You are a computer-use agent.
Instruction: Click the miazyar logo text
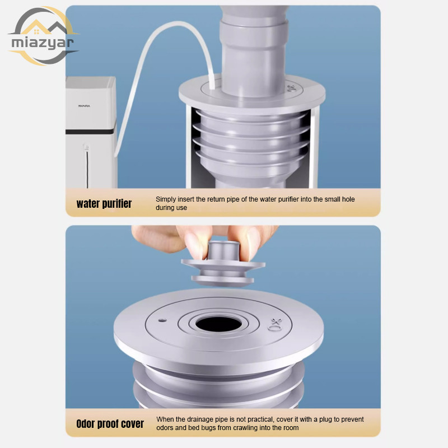[43, 43]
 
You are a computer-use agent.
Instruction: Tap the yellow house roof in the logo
[36, 27]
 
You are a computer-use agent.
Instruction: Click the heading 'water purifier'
[104, 203]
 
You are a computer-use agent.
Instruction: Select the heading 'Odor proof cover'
[110, 424]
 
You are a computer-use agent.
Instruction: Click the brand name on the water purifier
[84, 106]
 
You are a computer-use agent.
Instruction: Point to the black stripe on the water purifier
[90, 132]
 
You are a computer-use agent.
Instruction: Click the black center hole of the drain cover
[218, 324]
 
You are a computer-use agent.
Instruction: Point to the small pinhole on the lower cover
[162, 320]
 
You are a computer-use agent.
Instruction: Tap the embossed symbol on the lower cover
[276, 325]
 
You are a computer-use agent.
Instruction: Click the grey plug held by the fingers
[223, 264]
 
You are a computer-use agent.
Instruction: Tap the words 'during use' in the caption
[171, 208]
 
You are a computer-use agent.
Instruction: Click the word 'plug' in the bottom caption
[325, 419]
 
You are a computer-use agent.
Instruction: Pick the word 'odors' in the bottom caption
[165, 428]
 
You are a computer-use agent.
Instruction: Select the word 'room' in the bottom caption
[291, 428]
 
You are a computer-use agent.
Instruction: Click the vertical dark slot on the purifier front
[87, 169]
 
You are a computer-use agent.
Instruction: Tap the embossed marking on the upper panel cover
[291, 88]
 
